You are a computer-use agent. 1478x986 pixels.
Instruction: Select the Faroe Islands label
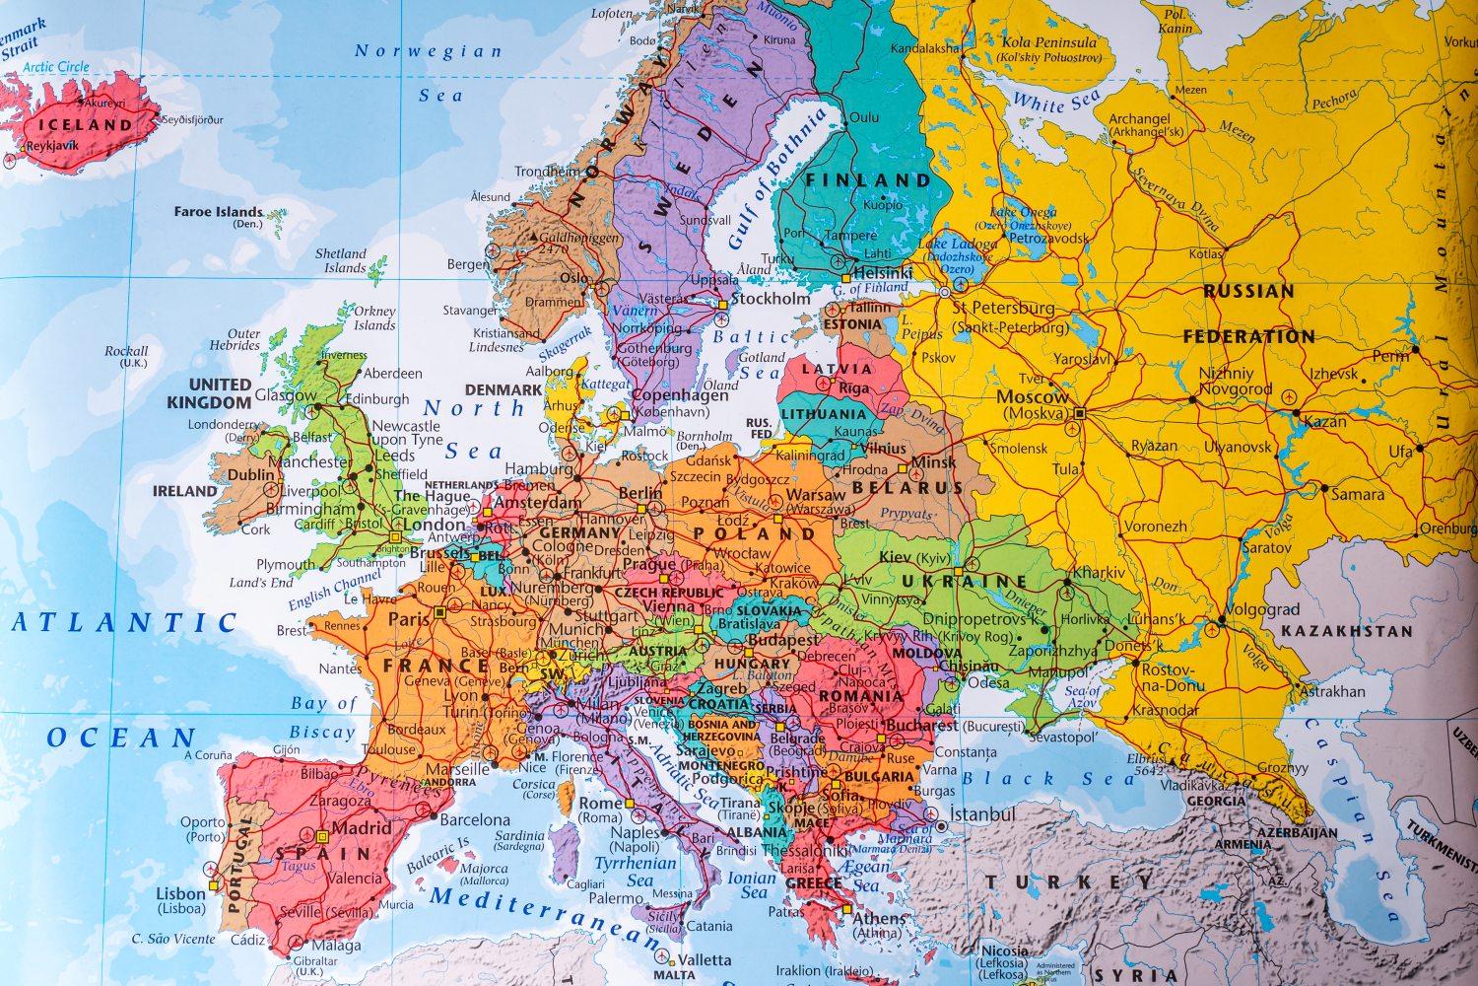tap(219, 211)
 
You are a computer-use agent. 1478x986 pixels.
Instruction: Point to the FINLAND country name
tap(867, 180)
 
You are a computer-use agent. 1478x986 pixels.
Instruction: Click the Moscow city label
tap(1032, 396)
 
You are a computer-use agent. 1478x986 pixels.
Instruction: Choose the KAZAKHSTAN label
tap(1346, 631)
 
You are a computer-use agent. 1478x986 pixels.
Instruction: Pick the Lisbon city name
tap(181, 893)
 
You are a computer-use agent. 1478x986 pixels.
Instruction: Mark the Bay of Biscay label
tap(322, 718)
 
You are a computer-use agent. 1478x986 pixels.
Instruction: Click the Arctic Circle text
tap(55, 67)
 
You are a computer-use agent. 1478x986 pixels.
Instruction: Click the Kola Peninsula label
tap(1048, 42)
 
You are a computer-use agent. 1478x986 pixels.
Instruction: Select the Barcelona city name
tap(475, 819)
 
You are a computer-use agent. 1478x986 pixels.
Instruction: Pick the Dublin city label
tap(251, 474)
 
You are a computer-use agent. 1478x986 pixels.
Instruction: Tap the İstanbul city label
tap(981, 814)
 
